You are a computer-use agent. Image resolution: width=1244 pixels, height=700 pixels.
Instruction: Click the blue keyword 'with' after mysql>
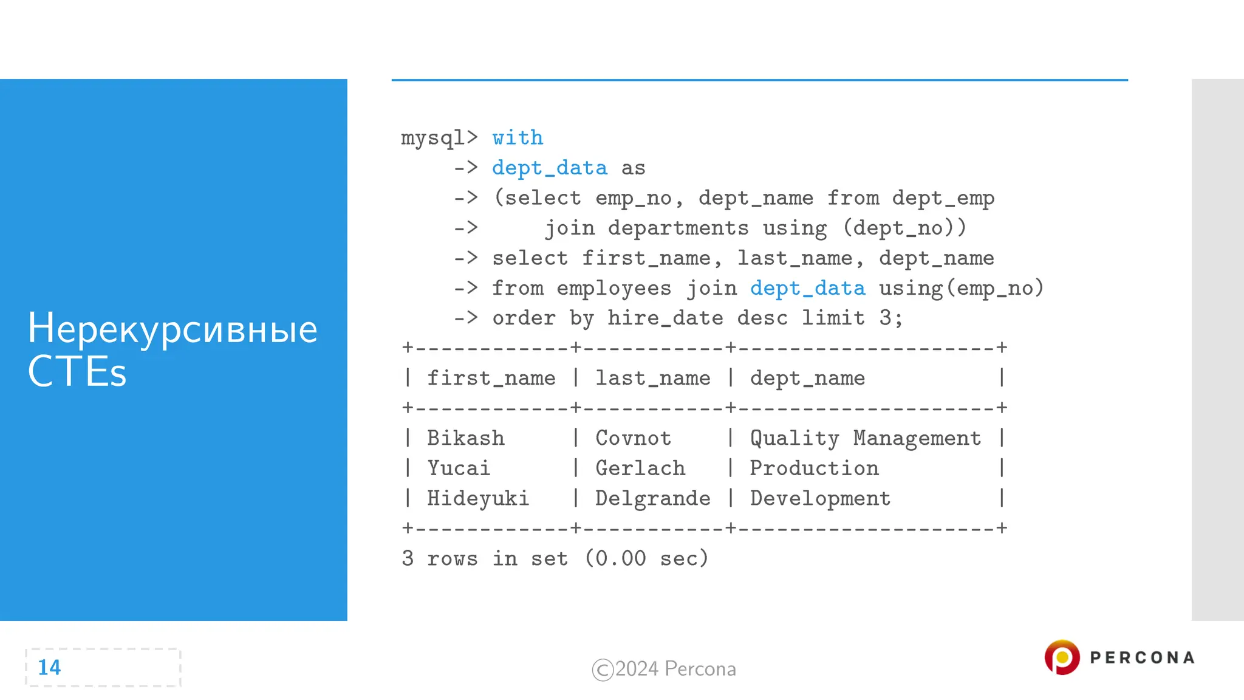tap(518, 138)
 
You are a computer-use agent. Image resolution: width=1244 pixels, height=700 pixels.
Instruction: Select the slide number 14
tap(49, 667)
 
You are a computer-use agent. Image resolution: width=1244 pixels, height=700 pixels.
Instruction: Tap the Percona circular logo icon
tap(1062, 657)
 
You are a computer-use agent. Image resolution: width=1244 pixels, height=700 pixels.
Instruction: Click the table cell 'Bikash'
tap(465, 438)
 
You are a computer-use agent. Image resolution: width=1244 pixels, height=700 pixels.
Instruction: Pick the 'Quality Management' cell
tap(865, 438)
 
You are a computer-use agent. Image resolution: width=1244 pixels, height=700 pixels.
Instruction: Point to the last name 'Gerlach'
tap(640, 468)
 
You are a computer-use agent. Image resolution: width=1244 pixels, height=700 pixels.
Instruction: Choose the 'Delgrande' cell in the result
tap(652, 498)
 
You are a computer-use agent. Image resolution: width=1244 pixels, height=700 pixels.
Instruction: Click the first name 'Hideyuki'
tap(477, 498)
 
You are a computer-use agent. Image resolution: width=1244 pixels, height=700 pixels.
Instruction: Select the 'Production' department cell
tap(814, 468)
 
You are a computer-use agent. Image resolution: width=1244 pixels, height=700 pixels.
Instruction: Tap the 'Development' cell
tap(820, 498)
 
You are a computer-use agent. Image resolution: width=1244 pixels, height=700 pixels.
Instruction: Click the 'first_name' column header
tap(491, 378)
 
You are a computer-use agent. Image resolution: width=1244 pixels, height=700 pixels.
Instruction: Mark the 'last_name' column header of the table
tap(652, 378)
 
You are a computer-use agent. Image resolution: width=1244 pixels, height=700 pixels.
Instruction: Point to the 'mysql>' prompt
tap(439, 138)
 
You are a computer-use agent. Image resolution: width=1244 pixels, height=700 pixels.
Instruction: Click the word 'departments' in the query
tap(678, 228)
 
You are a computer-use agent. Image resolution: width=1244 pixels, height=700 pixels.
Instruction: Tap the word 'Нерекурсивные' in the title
tap(173, 329)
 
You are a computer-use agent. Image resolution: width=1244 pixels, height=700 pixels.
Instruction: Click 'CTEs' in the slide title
tap(77, 371)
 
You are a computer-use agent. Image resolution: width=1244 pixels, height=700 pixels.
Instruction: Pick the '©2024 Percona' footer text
tap(664, 669)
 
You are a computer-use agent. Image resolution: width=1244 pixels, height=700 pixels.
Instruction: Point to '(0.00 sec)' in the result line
tap(646, 558)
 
